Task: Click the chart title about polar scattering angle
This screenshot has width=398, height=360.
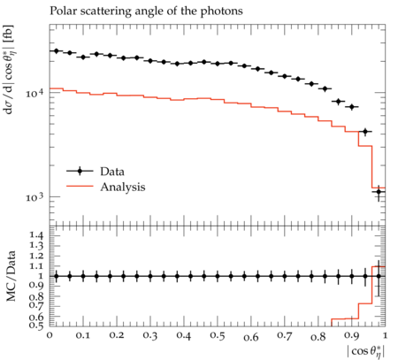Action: [146, 11]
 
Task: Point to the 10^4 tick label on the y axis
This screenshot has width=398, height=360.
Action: [34, 93]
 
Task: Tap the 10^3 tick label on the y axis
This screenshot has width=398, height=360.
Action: [34, 197]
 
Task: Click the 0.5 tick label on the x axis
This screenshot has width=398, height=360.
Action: [218, 335]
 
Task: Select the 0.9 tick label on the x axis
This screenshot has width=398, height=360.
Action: [352, 335]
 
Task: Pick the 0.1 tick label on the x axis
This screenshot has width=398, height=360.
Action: [83, 335]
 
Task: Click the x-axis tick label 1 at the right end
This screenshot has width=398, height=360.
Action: [385, 335]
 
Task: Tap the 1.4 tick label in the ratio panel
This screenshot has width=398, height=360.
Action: [36, 235]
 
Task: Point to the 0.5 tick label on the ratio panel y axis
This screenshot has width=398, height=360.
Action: [36, 325]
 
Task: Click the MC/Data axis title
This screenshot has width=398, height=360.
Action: [11, 276]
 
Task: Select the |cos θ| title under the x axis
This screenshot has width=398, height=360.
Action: [366, 351]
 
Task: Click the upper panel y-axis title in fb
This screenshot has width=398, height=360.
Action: [9, 70]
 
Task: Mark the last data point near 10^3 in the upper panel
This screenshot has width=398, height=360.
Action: [379, 192]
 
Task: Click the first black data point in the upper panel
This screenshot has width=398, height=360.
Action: [57, 51]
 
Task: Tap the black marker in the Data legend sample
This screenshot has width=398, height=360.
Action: [80, 171]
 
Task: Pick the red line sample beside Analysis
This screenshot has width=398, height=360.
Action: [80, 187]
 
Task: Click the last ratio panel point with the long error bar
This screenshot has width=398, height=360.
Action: [379, 276]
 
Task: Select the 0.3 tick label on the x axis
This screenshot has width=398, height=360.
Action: [150, 335]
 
